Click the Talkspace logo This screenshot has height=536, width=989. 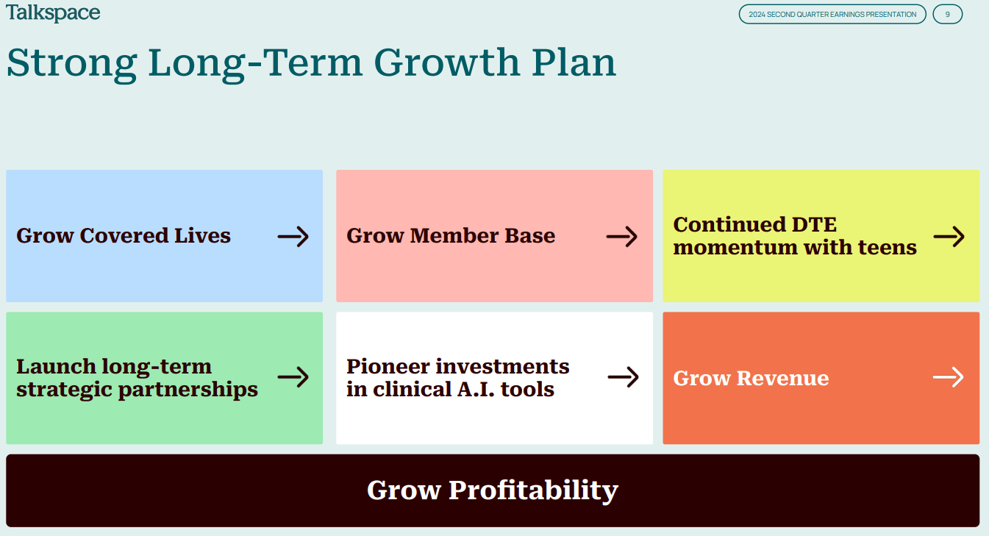point(53,12)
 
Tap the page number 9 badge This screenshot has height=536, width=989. point(948,14)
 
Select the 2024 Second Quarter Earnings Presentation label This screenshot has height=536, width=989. point(832,14)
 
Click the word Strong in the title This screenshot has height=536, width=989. point(71,63)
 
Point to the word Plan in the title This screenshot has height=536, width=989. point(574,62)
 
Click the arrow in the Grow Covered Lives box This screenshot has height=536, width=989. point(293,237)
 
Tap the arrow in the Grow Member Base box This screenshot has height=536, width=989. point(621,237)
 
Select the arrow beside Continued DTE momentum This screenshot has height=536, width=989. point(949,237)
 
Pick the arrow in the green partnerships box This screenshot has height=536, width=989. point(293,377)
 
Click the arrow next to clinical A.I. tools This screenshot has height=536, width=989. point(623,377)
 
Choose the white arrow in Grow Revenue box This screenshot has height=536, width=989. point(949,377)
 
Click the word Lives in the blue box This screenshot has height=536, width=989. point(202,235)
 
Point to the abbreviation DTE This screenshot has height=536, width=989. point(814,224)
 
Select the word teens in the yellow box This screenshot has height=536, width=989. point(888,247)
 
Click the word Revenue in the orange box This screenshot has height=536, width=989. point(782,378)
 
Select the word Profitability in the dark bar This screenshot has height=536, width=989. point(533,491)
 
